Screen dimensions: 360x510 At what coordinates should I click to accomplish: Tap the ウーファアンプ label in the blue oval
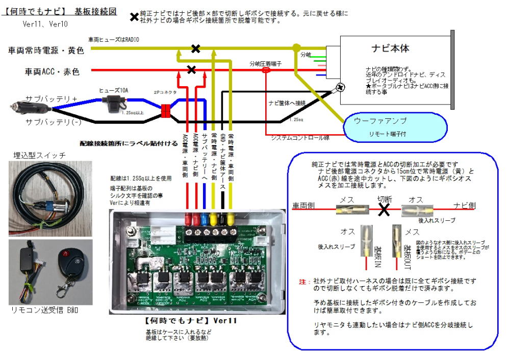(x=380, y=121)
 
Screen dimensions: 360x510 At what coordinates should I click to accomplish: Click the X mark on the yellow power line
(x=195, y=48)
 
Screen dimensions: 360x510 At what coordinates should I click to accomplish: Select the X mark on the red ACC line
(x=192, y=69)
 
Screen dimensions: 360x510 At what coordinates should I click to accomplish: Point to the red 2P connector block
(x=165, y=112)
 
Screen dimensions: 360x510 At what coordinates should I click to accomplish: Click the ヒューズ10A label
(x=113, y=90)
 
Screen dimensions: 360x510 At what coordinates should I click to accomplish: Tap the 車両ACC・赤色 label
(x=52, y=72)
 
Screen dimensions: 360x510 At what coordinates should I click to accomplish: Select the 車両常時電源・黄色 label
(x=46, y=50)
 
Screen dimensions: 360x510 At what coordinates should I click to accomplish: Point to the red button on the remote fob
(x=64, y=254)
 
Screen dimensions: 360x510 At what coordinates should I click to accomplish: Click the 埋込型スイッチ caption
(x=40, y=155)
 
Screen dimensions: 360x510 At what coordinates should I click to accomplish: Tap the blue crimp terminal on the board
(x=205, y=220)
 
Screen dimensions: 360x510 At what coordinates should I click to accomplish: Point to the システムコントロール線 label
(x=299, y=138)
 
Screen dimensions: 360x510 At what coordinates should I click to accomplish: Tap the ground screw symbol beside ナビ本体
(x=339, y=88)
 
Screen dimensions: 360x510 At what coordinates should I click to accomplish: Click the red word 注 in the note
(x=302, y=282)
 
